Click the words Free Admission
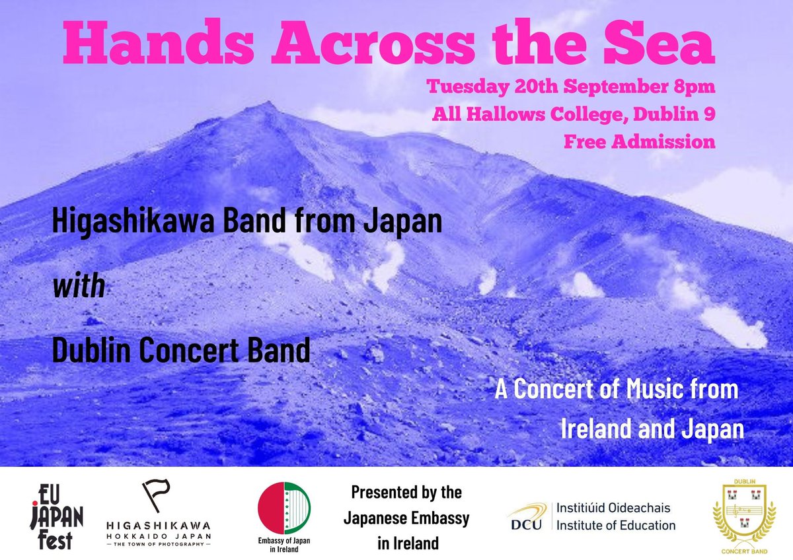(639, 141)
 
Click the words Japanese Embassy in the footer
(406, 518)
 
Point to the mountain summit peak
(265, 106)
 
